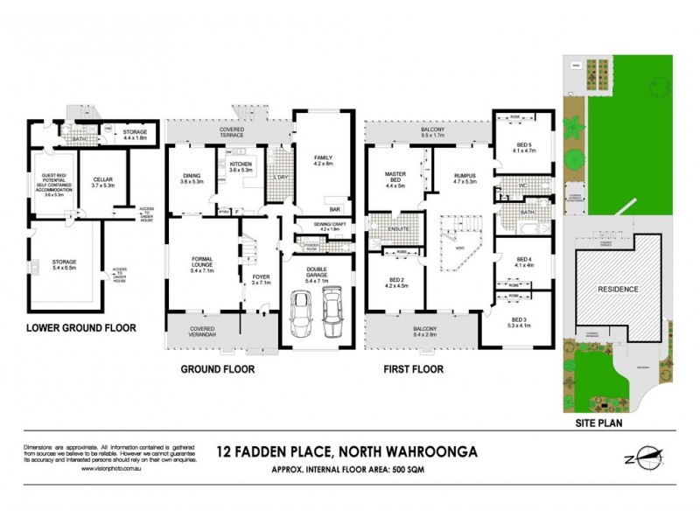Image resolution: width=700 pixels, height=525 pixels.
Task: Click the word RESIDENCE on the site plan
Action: (x=619, y=289)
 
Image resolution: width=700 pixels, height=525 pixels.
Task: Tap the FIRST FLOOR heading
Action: (x=413, y=369)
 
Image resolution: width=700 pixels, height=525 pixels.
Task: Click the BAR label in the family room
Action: (x=333, y=210)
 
